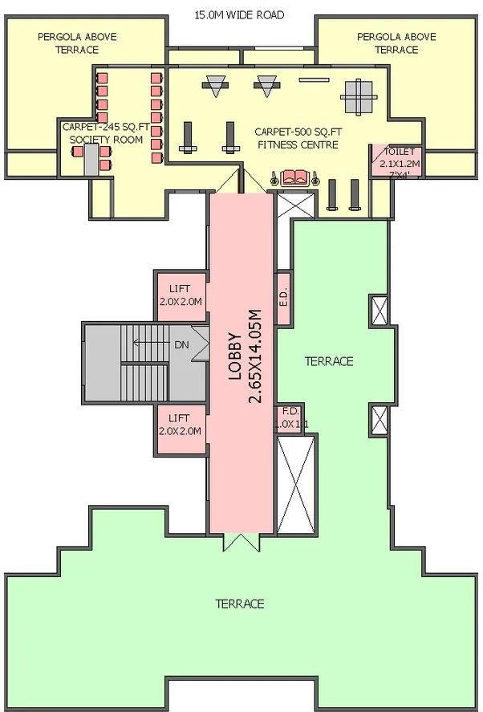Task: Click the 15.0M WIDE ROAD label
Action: [239, 14]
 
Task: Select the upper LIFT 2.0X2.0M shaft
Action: [181, 296]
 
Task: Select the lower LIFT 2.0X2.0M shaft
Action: [181, 425]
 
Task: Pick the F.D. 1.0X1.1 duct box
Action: [289, 418]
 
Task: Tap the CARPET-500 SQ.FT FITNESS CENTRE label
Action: [296, 138]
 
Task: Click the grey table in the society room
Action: [90, 161]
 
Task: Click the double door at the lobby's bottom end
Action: [241, 543]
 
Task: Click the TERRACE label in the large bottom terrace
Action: [239, 604]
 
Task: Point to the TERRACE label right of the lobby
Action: [328, 362]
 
